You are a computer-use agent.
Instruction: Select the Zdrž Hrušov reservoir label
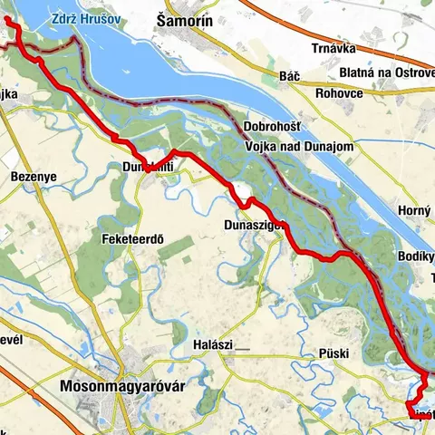click(88, 18)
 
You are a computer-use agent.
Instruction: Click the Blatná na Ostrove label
click(385, 72)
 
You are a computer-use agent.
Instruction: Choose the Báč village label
click(291, 75)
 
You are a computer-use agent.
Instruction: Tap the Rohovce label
click(340, 92)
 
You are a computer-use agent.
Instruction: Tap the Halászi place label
click(214, 345)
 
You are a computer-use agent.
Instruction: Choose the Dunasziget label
click(255, 225)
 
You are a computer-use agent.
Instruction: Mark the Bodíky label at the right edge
click(418, 257)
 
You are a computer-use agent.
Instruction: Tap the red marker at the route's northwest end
click(7, 22)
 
